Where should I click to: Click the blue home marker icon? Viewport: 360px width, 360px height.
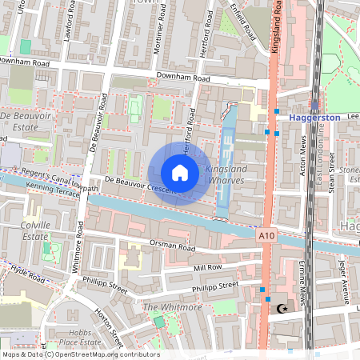[x=180, y=173]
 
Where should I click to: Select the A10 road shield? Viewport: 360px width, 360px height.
[x=267, y=236]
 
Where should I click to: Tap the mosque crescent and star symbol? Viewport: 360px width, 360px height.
[x=280, y=308]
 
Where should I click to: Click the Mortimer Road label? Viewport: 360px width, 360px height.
[x=168, y=31]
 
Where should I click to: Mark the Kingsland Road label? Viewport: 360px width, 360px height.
[x=276, y=32]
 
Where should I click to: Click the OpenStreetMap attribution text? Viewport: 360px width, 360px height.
[x=80, y=354]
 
